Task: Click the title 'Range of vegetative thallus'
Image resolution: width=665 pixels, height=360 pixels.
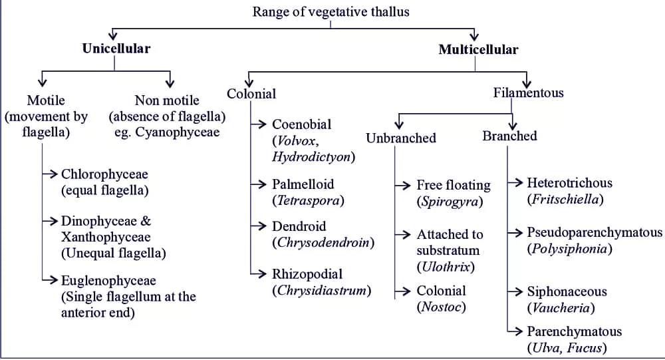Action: point(331,11)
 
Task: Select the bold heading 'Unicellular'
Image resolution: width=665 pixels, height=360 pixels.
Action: point(116,48)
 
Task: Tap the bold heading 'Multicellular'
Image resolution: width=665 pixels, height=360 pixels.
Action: point(478,49)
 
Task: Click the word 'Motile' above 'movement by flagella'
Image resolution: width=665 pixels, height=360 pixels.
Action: point(46,100)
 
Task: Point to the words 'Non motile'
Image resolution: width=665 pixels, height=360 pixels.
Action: point(167,100)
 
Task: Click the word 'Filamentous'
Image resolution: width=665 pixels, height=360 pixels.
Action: point(528,92)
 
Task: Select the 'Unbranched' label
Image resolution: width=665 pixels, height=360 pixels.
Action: point(401,138)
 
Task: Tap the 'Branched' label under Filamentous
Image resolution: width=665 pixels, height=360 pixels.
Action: point(509,136)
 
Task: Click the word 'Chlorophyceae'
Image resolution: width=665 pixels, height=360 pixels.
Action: point(104,174)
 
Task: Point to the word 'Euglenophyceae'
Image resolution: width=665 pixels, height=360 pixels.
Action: point(108,280)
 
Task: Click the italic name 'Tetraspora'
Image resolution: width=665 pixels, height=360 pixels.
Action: point(309,200)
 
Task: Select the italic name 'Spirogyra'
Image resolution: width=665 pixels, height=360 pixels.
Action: point(449,201)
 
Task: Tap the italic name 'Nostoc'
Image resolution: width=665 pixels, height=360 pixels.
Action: point(442,307)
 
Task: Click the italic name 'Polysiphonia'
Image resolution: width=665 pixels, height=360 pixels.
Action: point(569,249)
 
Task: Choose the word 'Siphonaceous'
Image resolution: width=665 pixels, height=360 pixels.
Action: point(567,291)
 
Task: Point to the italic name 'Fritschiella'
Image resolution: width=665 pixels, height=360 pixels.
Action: point(565,199)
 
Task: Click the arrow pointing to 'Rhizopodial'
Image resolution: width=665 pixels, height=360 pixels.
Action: point(259,273)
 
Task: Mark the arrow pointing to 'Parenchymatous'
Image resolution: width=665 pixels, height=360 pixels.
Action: point(514,330)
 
